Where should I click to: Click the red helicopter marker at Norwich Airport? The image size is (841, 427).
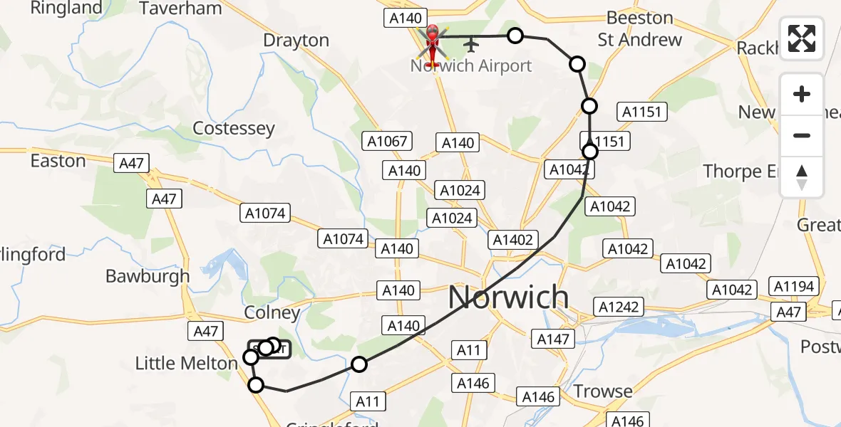(x=432, y=42)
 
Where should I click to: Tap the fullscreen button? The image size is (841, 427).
(x=802, y=38)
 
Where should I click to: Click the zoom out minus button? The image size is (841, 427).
(x=802, y=135)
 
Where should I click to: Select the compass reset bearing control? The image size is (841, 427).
(x=802, y=177)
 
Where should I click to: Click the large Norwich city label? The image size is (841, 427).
(x=508, y=297)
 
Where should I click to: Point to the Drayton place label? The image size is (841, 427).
(x=296, y=41)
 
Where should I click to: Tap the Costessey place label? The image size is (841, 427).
(x=234, y=129)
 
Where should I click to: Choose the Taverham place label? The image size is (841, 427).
(x=180, y=9)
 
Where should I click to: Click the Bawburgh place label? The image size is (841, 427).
(x=148, y=276)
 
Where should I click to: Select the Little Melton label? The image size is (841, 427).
(x=186, y=364)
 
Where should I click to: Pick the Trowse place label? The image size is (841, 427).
(x=603, y=391)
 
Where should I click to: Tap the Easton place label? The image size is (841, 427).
(x=58, y=161)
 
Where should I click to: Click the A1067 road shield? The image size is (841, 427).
(x=387, y=141)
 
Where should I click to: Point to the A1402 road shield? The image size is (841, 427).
(x=513, y=240)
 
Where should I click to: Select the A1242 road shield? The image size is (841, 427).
(x=620, y=307)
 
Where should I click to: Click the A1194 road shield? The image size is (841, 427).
(x=793, y=286)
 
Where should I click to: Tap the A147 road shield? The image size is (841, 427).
(x=553, y=339)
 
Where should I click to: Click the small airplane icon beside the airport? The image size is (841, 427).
(x=470, y=45)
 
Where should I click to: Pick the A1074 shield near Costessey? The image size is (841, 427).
(x=265, y=212)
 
